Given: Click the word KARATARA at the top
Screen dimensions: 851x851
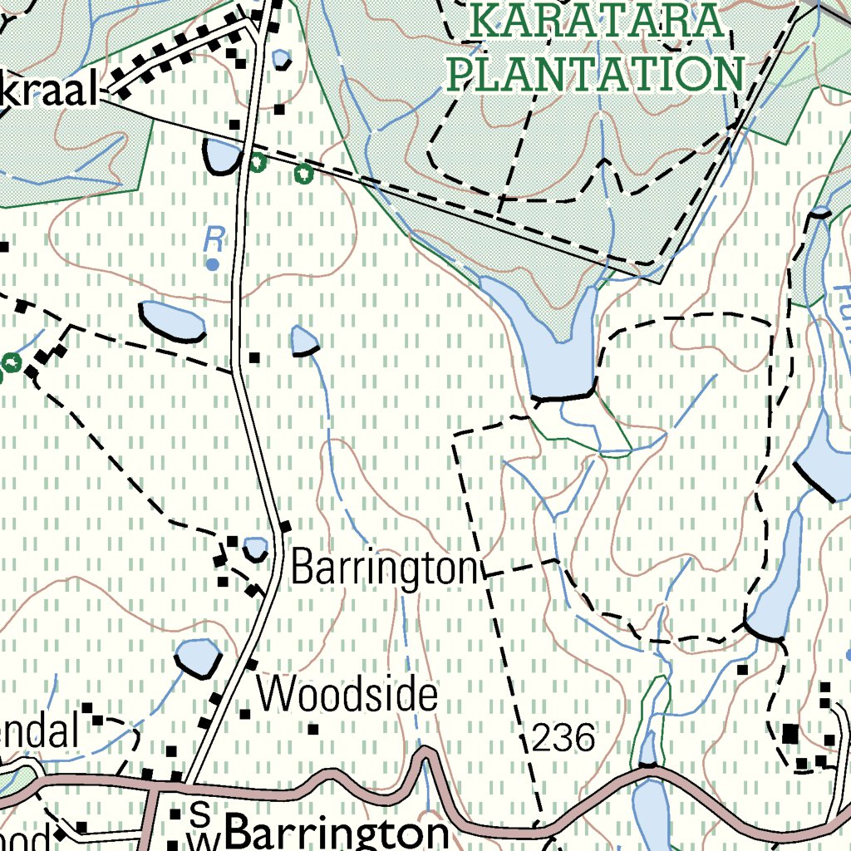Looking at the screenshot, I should pos(595,22).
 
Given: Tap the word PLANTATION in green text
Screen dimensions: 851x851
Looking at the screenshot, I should pos(595,73).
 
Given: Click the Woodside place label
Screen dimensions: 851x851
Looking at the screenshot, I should pos(347,695).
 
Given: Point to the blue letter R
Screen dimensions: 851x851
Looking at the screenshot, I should pos(214,241).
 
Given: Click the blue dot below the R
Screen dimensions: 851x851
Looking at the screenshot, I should pos(213,264).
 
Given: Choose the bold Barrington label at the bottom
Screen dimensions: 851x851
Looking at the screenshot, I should pos(337,833).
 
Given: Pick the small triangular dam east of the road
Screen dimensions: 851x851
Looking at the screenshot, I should pos(304,341).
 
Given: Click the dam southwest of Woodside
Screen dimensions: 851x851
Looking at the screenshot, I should pos(198,657).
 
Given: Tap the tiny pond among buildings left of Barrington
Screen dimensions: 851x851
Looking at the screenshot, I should pos(255,548).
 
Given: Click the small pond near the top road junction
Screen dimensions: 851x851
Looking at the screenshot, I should pos(282,59).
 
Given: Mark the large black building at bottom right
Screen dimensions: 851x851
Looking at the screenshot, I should pos(790,734).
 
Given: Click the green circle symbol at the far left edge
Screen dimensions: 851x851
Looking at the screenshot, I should pos(11,362).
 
